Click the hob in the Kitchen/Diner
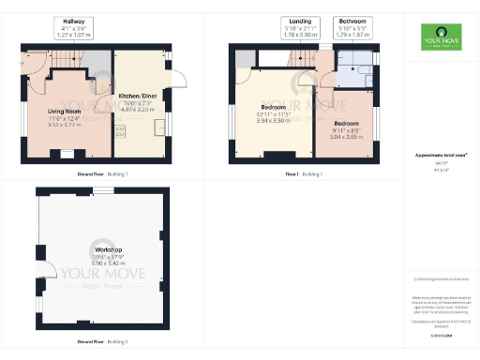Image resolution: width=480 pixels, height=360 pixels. click(120, 132)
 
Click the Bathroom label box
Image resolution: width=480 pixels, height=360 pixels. click(353, 26)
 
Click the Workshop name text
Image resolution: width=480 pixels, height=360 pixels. click(103, 249)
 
